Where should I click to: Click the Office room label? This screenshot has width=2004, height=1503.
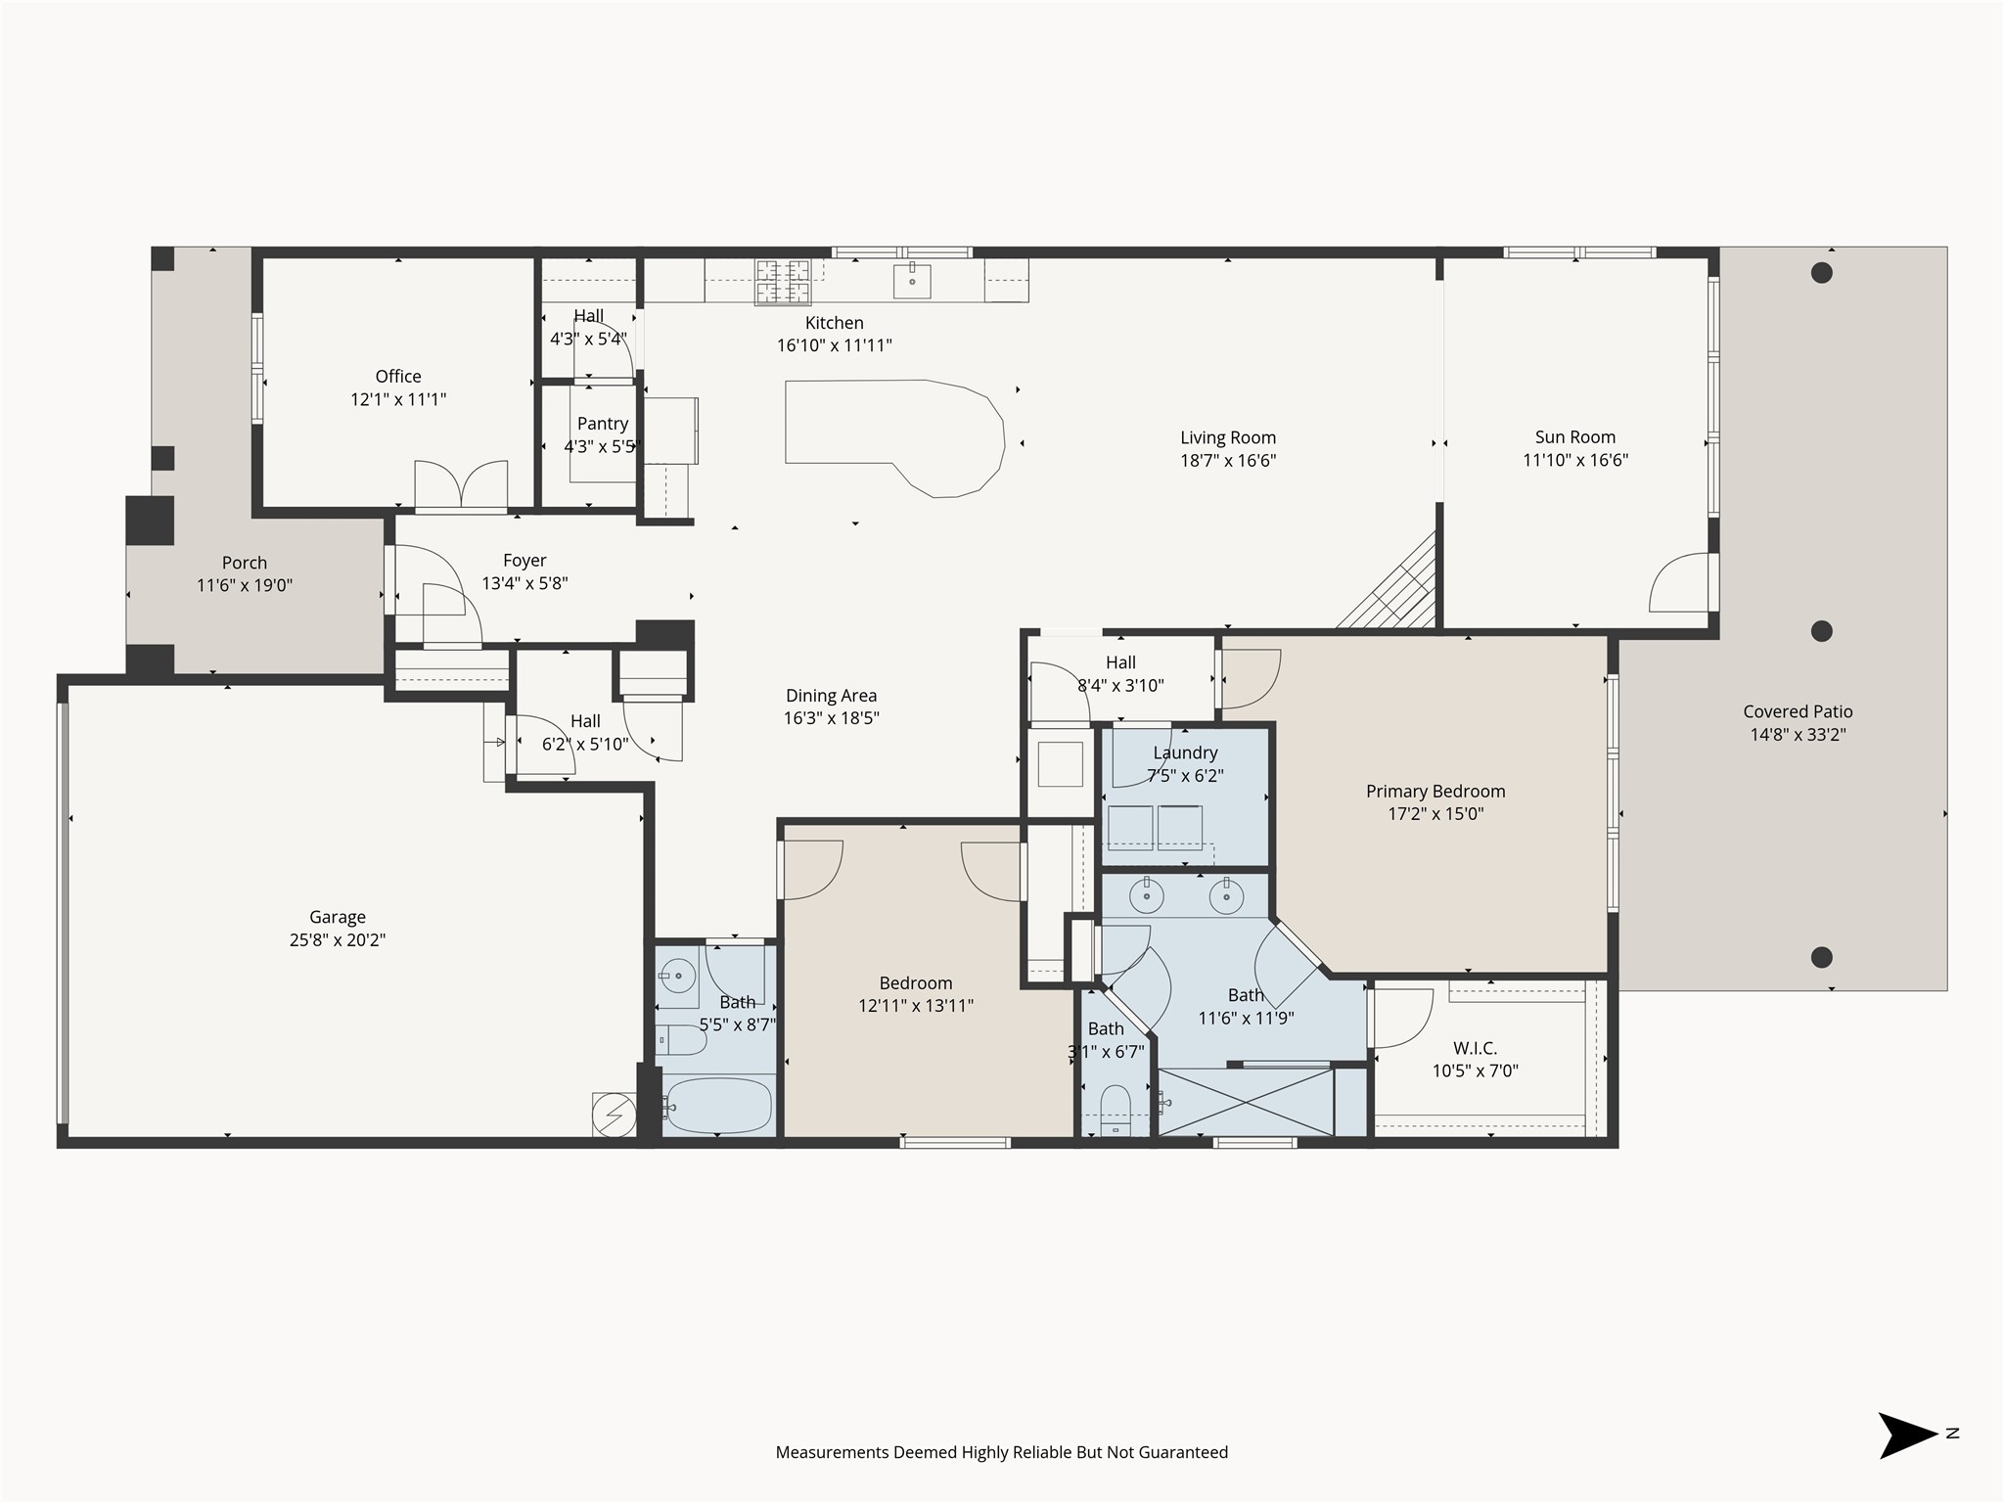tap(398, 377)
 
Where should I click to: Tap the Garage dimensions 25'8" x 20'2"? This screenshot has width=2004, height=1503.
tap(338, 940)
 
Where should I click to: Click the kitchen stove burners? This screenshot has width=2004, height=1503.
tap(783, 281)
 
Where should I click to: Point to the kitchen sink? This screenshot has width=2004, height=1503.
tap(912, 282)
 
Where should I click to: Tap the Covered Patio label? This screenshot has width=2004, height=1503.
tap(1798, 712)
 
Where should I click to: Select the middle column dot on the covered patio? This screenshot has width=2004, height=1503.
tap(1821, 631)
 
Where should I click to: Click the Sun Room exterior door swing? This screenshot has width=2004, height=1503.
tap(1679, 583)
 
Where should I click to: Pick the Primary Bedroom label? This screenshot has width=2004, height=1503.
tap(1435, 792)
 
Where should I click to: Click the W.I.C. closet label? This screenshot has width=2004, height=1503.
tap(1475, 1048)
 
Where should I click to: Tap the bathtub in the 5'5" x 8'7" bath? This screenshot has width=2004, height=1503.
tap(719, 1105)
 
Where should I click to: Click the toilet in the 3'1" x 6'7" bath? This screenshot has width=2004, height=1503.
tap(1116, 1108)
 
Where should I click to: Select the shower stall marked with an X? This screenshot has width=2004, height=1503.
tap(1246, 1102)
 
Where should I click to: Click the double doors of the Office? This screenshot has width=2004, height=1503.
tap(461, 486)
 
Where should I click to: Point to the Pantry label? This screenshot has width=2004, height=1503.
tap(602, 424)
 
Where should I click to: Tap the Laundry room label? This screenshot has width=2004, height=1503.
tap(1185, 752)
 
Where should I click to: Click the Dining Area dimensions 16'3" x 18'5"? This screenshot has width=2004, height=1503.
tap(831, 718)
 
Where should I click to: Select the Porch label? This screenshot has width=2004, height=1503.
tap(245, 563)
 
